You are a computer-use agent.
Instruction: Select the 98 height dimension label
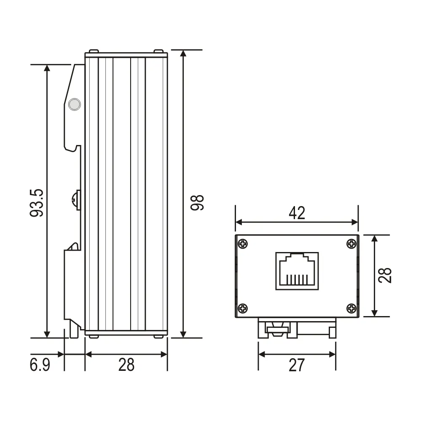pos(197,202)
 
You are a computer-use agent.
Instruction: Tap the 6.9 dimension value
pos(40,365)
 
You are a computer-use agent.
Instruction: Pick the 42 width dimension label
pos(297,213)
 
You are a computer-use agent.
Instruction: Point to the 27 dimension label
pos(296,365)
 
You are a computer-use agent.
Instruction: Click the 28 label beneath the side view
pos(126,365)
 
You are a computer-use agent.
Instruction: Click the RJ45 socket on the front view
pos(297,271)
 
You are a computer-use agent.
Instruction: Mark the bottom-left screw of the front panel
pos(243,308)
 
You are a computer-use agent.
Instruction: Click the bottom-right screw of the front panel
pos(351,308)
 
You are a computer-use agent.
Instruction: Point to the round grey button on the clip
pos(75,104)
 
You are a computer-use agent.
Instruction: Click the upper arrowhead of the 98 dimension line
pos(183,54)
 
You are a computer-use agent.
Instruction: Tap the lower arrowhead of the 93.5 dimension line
pos(47,333)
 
